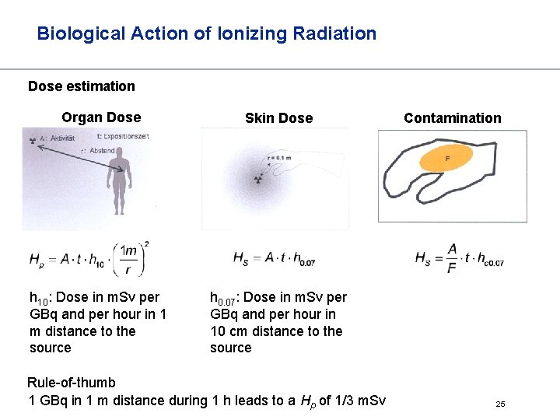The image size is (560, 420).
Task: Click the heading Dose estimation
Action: [x=82, y=86]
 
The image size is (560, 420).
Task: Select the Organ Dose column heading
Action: [x=101, y=117]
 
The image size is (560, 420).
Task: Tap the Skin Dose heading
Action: [x=278, y=118]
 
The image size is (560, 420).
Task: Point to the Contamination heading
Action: [x=452, y=118]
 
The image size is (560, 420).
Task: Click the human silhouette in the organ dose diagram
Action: [x=119, y=182]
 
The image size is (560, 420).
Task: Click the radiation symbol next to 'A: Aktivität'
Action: [x=33, y=140]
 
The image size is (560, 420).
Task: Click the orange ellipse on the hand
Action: [x=446, y=159]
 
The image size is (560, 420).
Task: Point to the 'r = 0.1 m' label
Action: [x=278, y=157]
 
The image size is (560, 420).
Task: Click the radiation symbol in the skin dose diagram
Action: [x=257, y=180]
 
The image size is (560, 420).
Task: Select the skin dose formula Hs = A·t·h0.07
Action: [x=274, y=259]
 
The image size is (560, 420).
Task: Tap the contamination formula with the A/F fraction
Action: [x=459, y=258]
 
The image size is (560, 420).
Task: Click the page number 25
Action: [x=500, y=404]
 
